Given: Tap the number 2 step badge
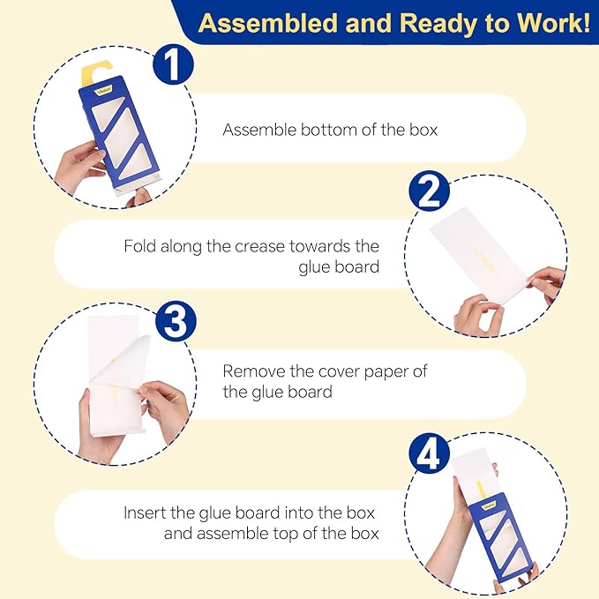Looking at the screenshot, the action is pyautogui.click(x=429, y=191).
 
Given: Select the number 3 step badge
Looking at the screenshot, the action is pyautogui.click(x=176, y=321).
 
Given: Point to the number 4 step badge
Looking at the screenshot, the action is pyautogui.click(x=429, y=453).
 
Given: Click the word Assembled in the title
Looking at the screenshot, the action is pyautogui.click(x=268, y=23).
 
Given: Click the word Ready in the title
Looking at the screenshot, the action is pyautogui.click(x=438, y=24).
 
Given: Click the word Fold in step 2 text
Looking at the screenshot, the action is pyautogui.click(x=139, y=246).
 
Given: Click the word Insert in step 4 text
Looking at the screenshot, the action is pyautogui.click(x=145, y=513).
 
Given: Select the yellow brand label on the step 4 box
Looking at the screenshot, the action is pyautogui.click(x=489, y=506).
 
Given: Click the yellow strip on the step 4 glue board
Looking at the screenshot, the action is pyautogui.click(x=480, y=490).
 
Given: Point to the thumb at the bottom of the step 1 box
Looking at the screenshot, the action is pyautogui.click(x=139, y=197).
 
